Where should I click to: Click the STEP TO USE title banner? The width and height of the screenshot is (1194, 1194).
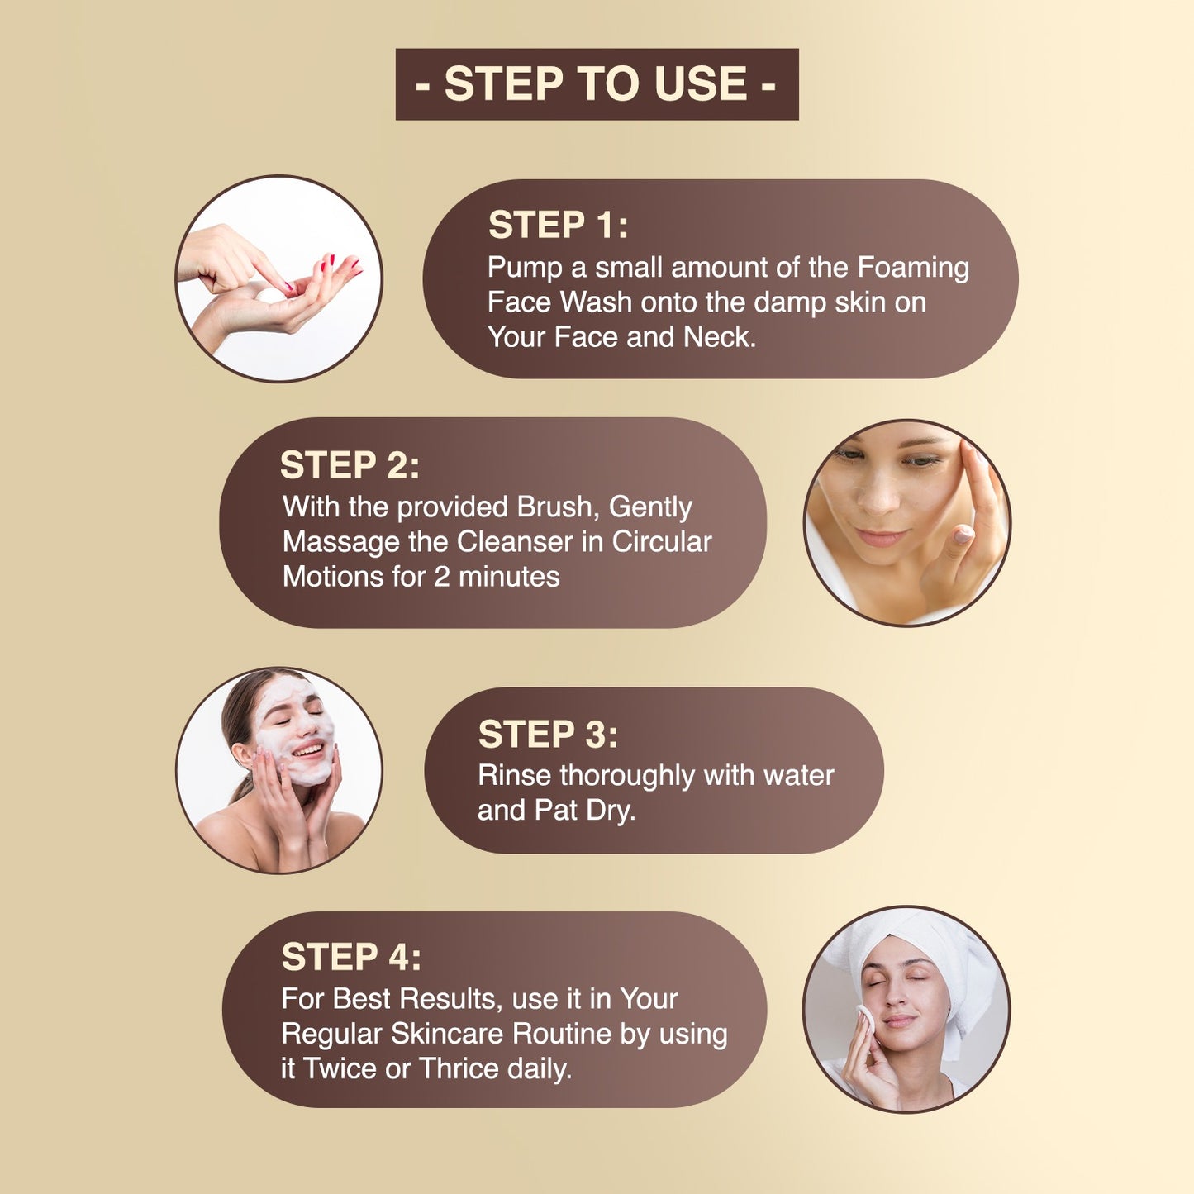click(x=597, y=84)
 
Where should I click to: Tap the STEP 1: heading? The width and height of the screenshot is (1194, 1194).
click(x=558, y=224)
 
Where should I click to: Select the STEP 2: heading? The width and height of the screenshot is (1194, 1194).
click(x=350, y=464)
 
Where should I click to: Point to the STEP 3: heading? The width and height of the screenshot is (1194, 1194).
click(x=548, y=735)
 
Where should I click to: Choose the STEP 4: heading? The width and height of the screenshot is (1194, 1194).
click(x=351, y=957)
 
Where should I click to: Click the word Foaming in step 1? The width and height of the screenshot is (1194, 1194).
click(x=913, y=268)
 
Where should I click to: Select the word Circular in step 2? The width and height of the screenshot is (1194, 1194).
click(x=662, y=541)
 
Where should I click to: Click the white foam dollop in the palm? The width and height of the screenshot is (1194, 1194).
click(x=270, y=295)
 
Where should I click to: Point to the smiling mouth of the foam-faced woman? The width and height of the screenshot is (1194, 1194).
click(x=308, y=752)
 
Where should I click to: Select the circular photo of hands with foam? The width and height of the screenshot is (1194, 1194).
click(x=278, y=278)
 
